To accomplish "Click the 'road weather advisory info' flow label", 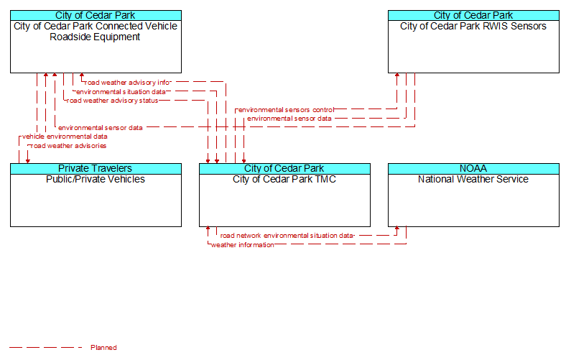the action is (127, 83).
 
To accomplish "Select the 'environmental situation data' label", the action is (121, 92).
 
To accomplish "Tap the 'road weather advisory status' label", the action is (112, 101).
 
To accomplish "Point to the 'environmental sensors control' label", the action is (287, 110).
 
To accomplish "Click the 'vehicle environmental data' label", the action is (65, 137).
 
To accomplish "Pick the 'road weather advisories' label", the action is (68, 146).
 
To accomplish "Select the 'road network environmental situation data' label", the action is (287, 236).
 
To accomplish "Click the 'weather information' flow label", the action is (243, 245).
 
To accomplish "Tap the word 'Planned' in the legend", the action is (103, 348).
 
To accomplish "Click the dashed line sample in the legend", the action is (46, 348).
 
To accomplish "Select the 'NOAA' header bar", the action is (473, 169).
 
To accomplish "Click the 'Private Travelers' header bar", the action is (96, 169).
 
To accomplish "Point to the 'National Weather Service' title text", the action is (473, 179).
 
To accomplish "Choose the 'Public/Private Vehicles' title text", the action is (96, 179).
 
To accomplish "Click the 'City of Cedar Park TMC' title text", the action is (284, 179).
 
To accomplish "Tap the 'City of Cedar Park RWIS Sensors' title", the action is (473, 26).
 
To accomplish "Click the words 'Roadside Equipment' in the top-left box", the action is (95, 37).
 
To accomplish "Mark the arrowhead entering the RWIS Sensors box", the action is (397, 75).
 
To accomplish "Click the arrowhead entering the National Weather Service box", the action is (397, 229).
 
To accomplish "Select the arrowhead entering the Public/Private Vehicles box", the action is (28, 161).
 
